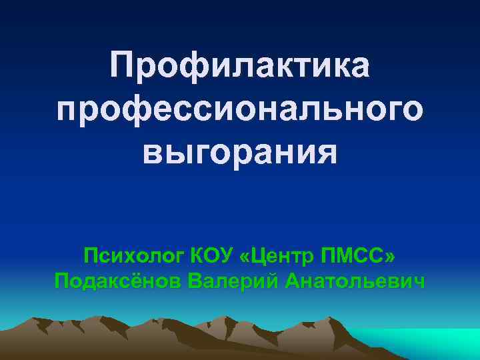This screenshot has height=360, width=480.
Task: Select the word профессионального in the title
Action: point(240,111)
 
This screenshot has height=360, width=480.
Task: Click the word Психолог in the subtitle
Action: point(133,255)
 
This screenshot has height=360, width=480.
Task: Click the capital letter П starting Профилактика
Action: point(125,67)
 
